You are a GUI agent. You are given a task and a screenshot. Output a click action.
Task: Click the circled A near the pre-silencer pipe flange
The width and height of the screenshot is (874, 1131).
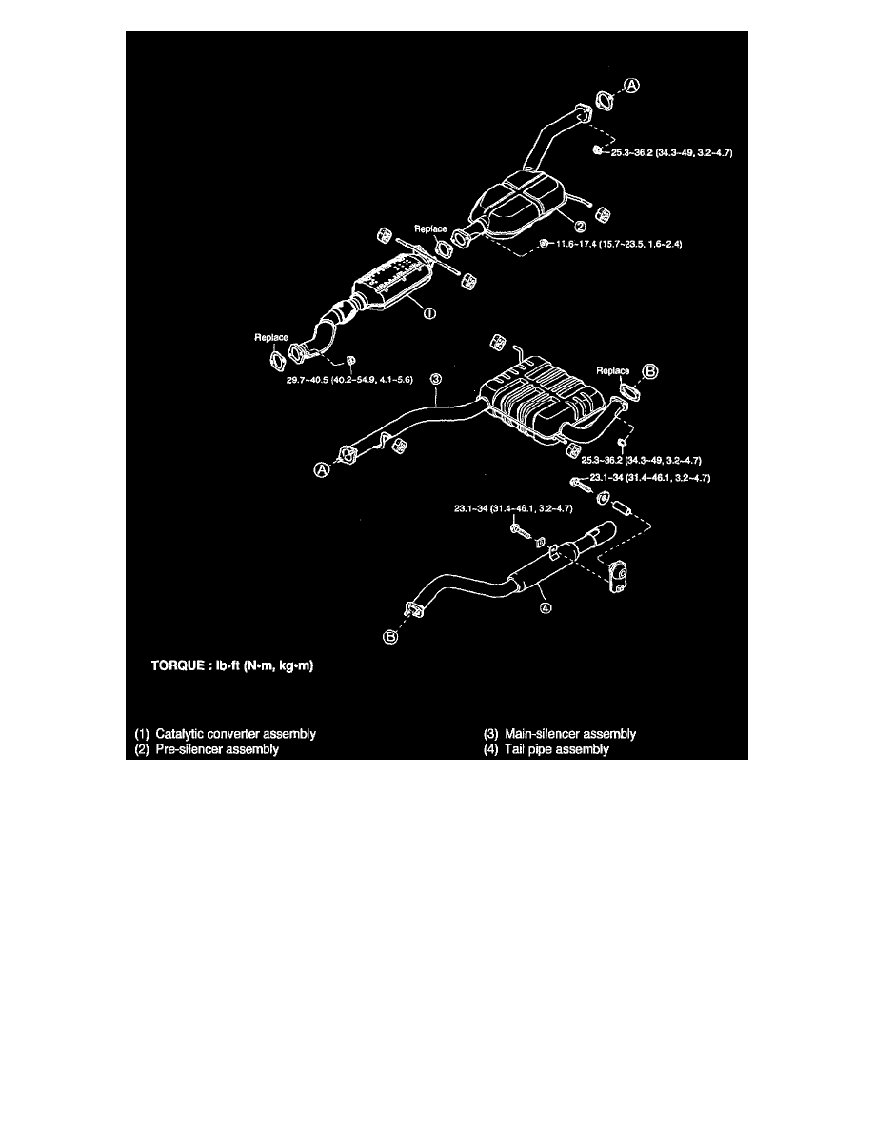tap(632, 86)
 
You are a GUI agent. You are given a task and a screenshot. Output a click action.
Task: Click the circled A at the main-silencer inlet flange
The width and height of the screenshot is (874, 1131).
tap(323, 469)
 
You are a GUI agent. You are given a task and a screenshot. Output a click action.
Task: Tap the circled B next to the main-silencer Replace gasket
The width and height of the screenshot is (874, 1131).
tap(650, 371)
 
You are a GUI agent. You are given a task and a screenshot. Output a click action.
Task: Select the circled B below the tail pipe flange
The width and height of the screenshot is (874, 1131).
tap(390, 637)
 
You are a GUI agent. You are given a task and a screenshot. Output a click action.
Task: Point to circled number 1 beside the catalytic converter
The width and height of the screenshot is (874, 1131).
tap(429, 314)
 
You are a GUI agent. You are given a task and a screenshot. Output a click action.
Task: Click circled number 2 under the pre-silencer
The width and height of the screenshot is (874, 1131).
tap(580, 228)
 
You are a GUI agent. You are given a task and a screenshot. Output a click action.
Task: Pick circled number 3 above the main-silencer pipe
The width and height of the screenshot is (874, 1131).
tap(436, 379)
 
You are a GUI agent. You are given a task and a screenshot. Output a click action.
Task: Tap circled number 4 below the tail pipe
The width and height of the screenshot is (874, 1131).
tap(546, 607)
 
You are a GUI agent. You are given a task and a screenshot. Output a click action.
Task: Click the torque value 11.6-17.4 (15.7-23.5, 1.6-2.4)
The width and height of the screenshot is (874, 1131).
tap(619, 244)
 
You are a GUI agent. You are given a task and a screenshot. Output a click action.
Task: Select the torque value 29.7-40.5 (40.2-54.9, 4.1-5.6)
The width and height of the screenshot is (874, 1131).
tap(349, 380)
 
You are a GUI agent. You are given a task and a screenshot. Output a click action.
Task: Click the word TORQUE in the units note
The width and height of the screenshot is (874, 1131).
tap(177, 665)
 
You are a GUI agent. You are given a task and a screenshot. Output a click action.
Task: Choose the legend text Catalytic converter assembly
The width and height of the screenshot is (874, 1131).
tap(236, 734)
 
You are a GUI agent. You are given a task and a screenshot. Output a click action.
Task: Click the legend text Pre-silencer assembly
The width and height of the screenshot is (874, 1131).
tap(217, 749)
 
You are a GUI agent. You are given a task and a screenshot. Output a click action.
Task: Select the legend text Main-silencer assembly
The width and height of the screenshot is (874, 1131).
tap(570, 734)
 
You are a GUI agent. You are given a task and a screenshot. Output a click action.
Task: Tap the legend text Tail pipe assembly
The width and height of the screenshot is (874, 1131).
tap(557, 749)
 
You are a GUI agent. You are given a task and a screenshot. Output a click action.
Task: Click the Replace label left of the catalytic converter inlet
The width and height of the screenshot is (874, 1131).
tap(271, 338)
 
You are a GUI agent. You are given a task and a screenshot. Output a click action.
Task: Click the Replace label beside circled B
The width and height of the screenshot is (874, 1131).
tap(613, 370)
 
